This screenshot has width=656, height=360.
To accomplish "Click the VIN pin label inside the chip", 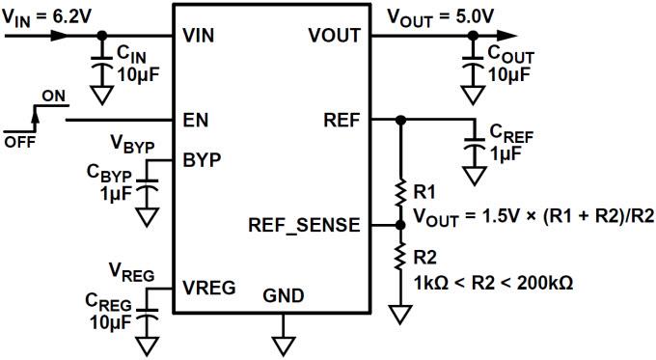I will click(x=200, y=36).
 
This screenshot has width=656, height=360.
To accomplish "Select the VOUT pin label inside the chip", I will click(x=334, y=36).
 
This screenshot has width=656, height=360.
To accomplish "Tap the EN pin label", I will click(x=195, y=121).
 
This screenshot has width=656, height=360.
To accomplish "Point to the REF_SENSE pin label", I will click(x=305, y=225).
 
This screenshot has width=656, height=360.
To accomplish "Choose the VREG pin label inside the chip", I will click(x=208, y=287).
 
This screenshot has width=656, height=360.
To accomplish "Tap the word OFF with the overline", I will click(x=17, y=142).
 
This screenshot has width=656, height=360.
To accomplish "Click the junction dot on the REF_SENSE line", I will click(x=400, y=225).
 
